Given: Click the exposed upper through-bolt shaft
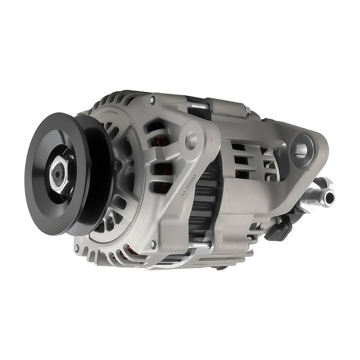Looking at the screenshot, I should coord(197,105).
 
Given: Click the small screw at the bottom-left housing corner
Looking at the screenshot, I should coord(77,247).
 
